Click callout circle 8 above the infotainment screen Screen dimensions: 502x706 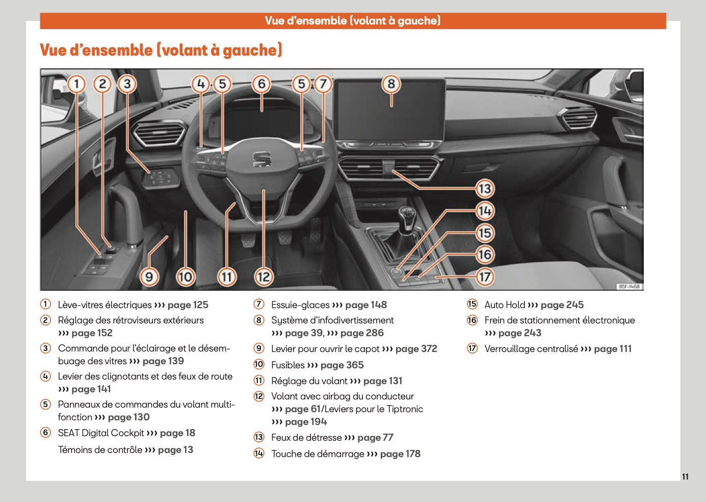(391, 84)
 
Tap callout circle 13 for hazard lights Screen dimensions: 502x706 (485, 189)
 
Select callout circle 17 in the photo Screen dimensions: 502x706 (485, 277)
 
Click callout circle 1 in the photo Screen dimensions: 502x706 (76, 84)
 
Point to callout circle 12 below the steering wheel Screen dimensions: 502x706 (264, 277)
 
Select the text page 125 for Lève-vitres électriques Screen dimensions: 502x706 (188, 305)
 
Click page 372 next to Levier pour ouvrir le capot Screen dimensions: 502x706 (416, 349)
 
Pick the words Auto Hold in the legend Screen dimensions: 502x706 (504, 305)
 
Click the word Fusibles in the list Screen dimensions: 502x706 (288, 365)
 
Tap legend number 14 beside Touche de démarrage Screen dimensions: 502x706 (259, 454)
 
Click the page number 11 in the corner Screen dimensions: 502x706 (685, 476)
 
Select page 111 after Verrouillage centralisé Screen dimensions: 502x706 (613, 349)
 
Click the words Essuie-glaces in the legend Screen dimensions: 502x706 (300, 305)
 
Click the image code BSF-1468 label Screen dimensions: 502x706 (629, 286)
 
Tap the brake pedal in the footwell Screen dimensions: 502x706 (283, 238)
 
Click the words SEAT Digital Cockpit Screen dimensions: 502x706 (101, 433)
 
